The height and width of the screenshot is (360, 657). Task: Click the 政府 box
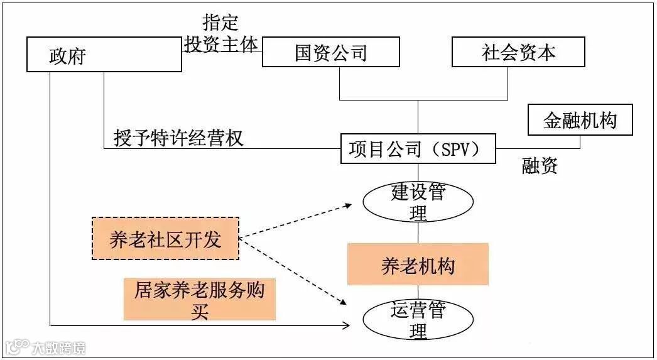[104, 55]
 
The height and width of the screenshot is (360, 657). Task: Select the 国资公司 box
[330, 52]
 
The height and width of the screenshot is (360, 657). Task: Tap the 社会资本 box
[518, 52]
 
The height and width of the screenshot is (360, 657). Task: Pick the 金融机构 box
[579, 119]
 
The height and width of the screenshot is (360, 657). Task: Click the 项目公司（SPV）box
[418, 149]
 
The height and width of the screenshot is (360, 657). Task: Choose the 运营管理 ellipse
[418, 319]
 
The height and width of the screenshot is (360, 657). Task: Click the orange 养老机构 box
[418, 265]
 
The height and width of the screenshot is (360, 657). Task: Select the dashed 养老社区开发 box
[166, 238]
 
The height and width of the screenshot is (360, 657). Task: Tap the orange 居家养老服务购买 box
[199, 299]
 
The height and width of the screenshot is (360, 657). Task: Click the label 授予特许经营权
[178, 138]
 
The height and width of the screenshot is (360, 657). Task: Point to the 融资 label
[540, 166]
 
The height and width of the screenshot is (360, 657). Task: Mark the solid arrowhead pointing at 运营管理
[346, 325]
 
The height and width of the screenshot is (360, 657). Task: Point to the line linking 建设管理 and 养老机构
[418, 232]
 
